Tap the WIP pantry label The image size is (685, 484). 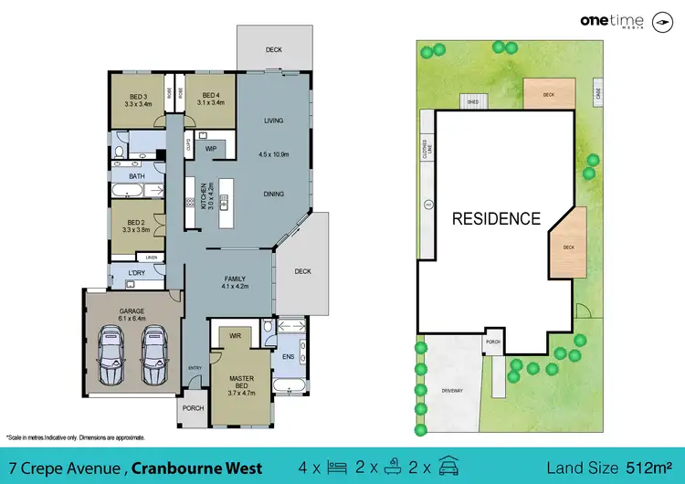210,148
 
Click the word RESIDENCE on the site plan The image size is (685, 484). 497,219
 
